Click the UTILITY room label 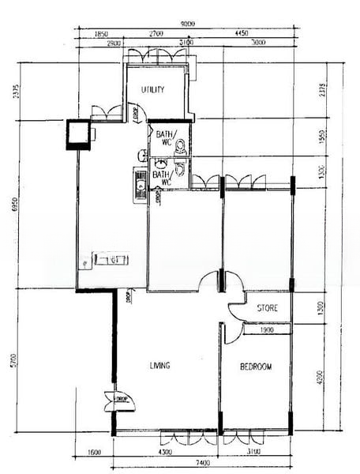click(x=153, y=89)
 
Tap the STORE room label click(x=266, y=307)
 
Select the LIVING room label click(x=161, y=365)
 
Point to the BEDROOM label click(x=256, y=367)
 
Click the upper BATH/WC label click(x=166, y=139)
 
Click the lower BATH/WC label click(x=162, y=179)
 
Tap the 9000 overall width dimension click(x=187, y=24)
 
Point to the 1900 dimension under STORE click(x=266, y=329)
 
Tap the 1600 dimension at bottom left click(x=93, y=452)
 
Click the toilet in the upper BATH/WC click(x=180, y=145)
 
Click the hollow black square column click(x=79, y=134)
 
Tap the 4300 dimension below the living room click(x=165, y=452)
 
